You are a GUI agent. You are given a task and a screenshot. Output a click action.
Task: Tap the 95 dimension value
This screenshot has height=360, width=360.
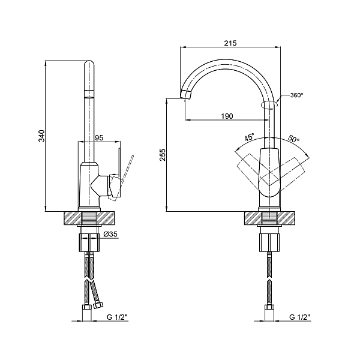100,137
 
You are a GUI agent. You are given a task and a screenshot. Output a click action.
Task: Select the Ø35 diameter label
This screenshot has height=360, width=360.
110,235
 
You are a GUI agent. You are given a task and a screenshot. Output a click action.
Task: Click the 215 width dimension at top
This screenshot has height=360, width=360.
230,43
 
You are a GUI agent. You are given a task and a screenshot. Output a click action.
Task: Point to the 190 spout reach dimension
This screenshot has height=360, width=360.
227,116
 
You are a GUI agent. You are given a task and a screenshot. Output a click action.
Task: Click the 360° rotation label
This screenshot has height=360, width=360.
297,95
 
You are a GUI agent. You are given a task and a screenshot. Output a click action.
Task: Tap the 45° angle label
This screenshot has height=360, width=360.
248,138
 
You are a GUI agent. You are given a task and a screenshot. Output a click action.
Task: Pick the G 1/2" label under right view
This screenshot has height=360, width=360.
299,317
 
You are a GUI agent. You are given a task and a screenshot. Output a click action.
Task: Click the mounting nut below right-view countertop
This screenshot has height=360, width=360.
269,242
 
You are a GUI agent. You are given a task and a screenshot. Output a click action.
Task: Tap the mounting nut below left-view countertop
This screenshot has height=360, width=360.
88,242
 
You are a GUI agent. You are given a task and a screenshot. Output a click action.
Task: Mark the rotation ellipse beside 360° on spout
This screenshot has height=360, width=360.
269,105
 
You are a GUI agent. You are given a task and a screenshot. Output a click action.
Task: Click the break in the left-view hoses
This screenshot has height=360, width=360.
88,280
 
